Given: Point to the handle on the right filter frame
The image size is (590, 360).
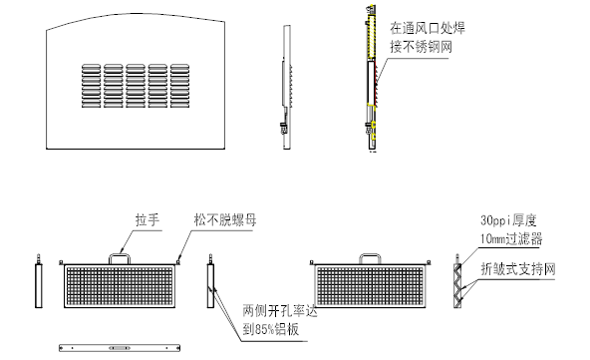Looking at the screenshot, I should [372, 256].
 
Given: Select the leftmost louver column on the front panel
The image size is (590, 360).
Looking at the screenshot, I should [89, 89].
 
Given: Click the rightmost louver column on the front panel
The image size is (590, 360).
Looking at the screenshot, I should [179, 89].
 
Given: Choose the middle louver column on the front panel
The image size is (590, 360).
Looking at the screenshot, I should [135, 89].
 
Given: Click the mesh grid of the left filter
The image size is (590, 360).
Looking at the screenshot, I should [119, 290].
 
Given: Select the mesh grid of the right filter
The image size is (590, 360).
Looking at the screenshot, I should [372, 290].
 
